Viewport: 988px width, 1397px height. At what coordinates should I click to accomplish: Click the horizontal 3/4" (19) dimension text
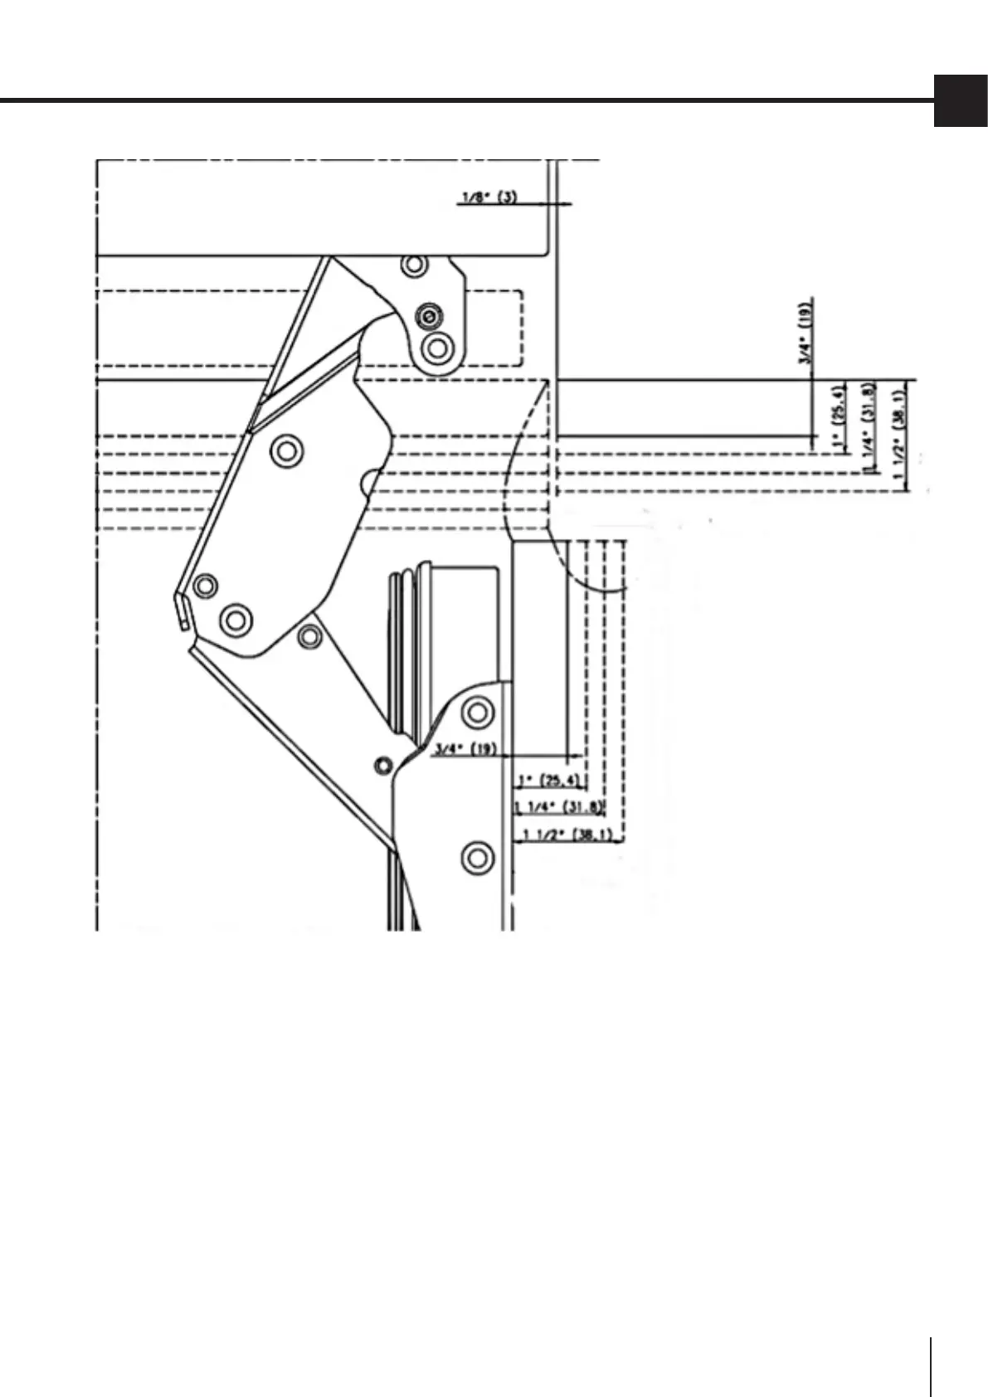coord(465,750)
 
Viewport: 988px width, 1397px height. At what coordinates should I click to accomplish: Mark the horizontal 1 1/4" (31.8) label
coord(560,807)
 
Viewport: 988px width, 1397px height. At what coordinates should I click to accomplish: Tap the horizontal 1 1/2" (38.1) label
coord(568,835)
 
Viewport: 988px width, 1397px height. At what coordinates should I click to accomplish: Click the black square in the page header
coord(961,101)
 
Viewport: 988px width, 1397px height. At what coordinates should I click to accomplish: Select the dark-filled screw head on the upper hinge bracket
coord(429,316)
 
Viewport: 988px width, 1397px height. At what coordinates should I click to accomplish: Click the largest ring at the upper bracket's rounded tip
coord(437,346)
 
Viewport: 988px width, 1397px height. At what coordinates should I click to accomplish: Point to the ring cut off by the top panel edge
coord(414,265)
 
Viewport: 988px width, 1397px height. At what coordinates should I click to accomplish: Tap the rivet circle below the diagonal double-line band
coord(287,452)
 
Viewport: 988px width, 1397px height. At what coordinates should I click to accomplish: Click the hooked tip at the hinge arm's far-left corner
coord(180,611)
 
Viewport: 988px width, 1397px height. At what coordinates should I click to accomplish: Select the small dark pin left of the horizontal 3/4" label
coord(382,766)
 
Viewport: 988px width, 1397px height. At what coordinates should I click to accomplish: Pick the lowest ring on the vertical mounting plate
coord(477,856)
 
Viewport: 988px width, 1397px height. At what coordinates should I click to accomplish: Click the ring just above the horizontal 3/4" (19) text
coord(477,711)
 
